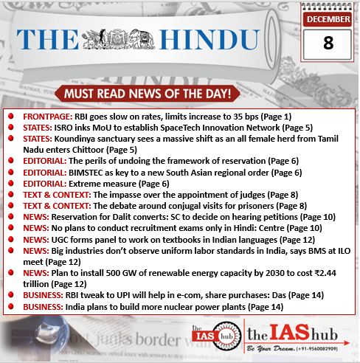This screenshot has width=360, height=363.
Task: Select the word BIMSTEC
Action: click(x=92, y=172)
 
